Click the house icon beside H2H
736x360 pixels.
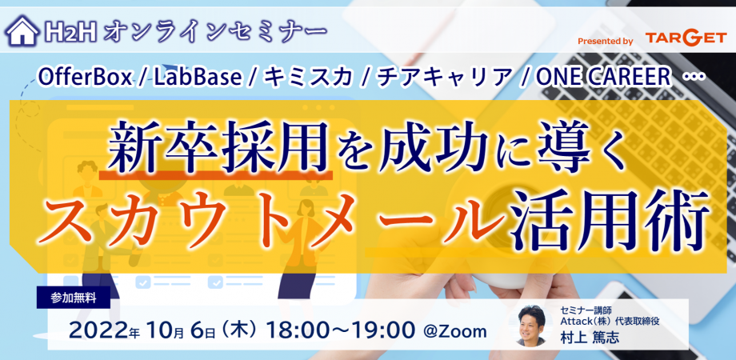22,31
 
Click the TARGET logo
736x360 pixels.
686,38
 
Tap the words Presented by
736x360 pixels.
606,42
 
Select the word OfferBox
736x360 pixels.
85,78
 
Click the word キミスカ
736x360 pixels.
307,78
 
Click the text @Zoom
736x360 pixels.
455,331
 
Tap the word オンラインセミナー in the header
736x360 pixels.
215,31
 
